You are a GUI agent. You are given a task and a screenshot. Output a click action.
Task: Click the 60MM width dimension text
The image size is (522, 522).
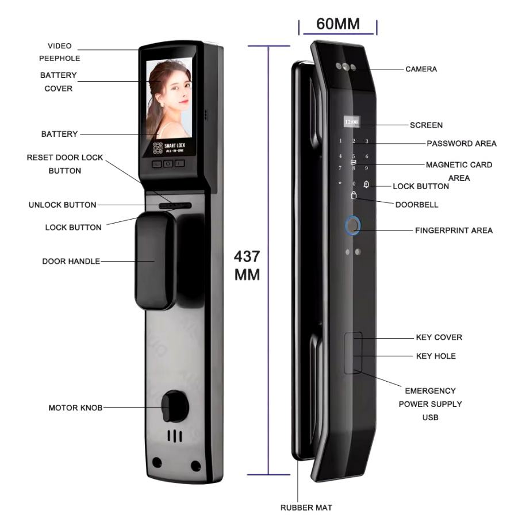coord(337,24)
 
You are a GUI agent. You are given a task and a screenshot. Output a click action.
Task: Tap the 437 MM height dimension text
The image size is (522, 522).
coord(247,265)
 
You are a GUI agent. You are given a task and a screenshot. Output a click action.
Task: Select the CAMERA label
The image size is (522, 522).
coord(421,69)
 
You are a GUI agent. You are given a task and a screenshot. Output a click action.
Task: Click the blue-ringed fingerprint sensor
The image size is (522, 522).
coord(352,225)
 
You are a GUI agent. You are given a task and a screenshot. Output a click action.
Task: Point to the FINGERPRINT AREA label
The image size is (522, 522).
coord(454,231)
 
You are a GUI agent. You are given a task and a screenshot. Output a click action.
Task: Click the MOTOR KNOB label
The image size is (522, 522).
coord(75,408)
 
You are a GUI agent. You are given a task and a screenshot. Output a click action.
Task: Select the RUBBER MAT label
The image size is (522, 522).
coord(306,508)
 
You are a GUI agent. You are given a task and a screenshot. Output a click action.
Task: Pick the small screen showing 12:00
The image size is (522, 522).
coord(351,122)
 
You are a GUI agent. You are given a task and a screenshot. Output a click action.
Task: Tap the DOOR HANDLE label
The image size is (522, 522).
coord(71,262)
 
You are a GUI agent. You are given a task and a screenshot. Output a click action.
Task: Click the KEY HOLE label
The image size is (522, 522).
coord(436,356)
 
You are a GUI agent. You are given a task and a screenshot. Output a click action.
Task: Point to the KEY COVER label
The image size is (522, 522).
coord(439,337)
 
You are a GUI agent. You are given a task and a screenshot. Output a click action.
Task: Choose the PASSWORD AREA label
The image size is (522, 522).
coord(461,143)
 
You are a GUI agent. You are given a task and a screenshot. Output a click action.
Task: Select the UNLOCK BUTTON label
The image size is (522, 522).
coord(62,205)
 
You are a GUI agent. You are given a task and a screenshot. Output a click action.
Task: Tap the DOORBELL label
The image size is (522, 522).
coord(416,204)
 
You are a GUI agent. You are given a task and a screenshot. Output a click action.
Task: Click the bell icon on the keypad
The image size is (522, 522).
coord(366,184)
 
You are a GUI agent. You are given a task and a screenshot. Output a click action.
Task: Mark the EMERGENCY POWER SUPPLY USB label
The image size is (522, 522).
coord(430,404)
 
